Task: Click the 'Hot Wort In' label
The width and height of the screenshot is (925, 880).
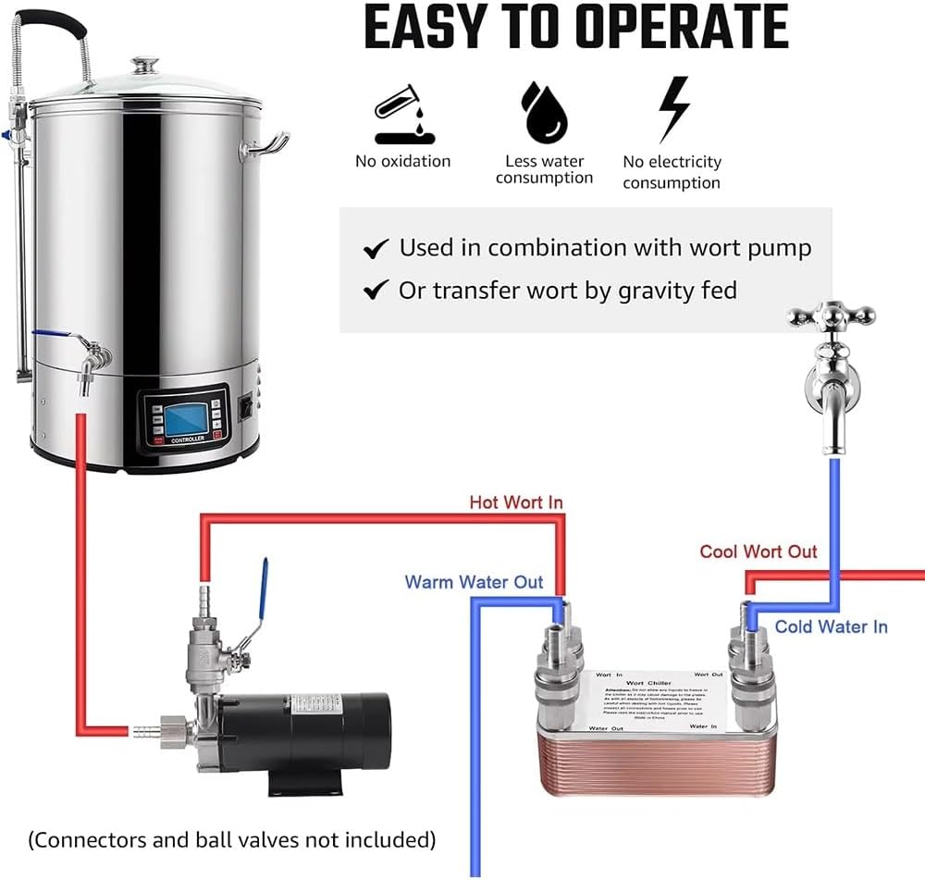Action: pyautogui.click(x=515, y=502)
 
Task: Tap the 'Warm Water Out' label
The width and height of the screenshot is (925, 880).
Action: pyautogui.click(x=473, y=582)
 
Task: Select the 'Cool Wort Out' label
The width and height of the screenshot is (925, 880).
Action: pyautogui.click(x=758, y=552)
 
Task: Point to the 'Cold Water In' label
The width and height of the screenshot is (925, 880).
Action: pyautogui.click(x=831, y=626)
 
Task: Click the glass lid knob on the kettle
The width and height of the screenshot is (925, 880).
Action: pyautogui.click(x=145, y=67)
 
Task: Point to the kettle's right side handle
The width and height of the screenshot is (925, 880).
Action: pyautogui.click(x=265, y=144)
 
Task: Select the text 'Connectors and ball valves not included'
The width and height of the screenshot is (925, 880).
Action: pyautogui.click(x=232, y=839)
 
